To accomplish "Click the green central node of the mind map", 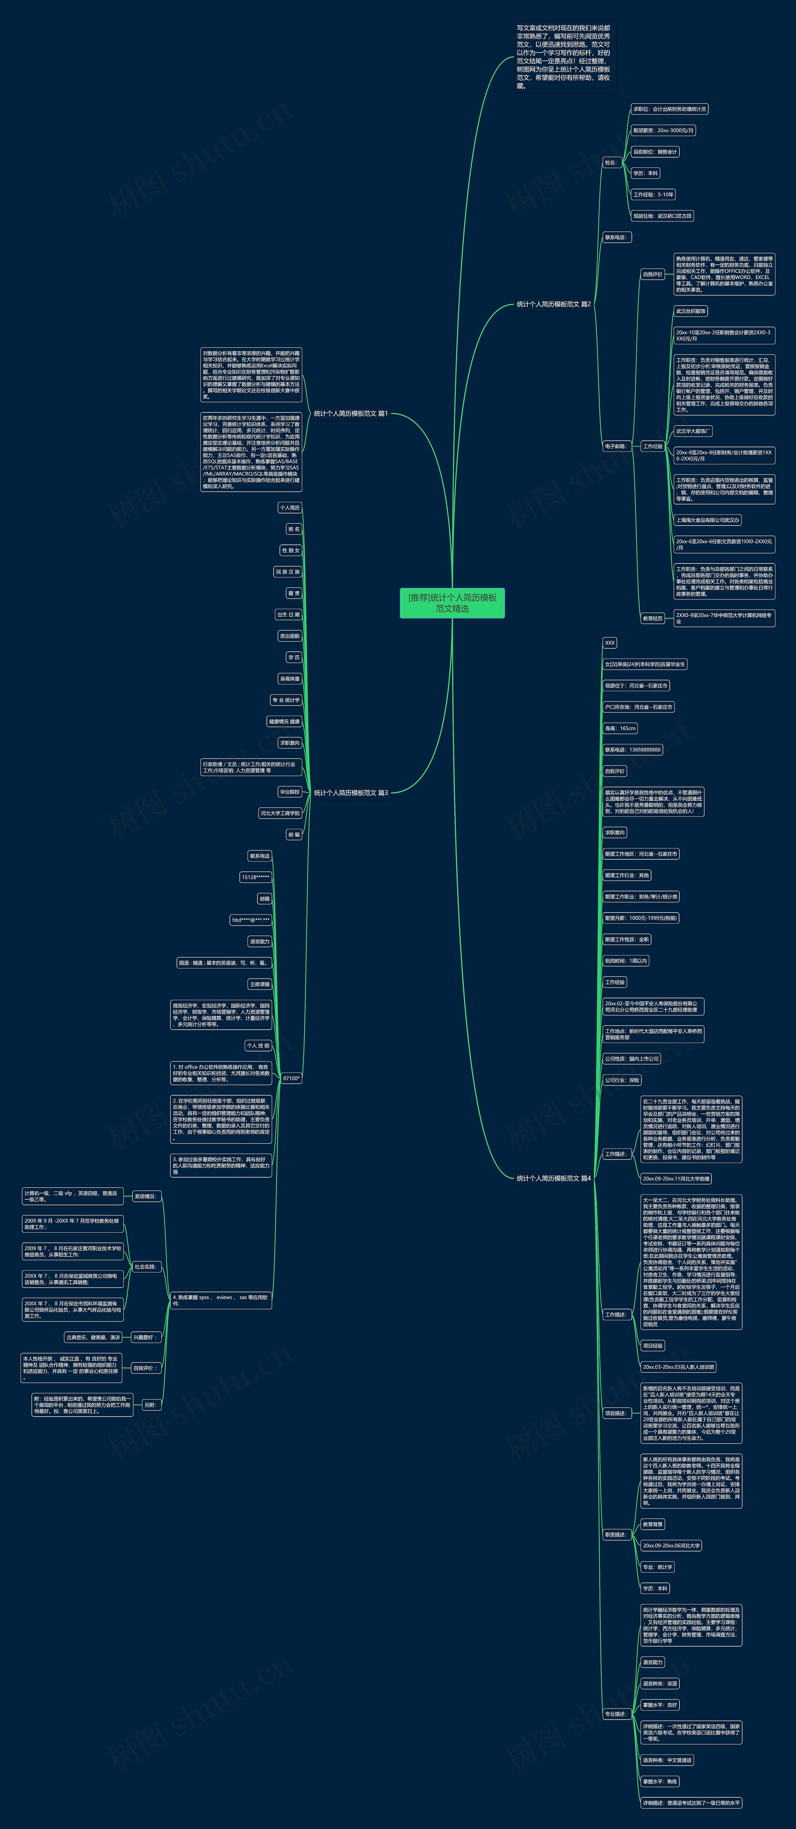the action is pyautogui.click(x=452, y=603).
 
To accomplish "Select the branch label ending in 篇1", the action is pyautogui.click(x=351, y=413).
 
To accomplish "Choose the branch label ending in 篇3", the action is pyautogui.click(x=351, y=793).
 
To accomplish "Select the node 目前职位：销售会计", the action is pyautogui.click(x=655, y=152).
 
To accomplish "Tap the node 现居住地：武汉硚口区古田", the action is pyautogui.click(x=662, y=216).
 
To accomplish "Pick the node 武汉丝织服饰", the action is pyautogui.click(x=690, y=311).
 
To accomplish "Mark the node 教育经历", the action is pyautogui.click(x=653, y=618).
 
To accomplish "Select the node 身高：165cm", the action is pyautogui.click(x=620, y=728).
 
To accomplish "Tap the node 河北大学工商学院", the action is pyautogui.click(x=280, y=813).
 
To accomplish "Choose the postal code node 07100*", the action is pyautogui.click(x=291, y=1078).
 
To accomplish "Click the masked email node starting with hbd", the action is pyautogui.click(x=251, y=920).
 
